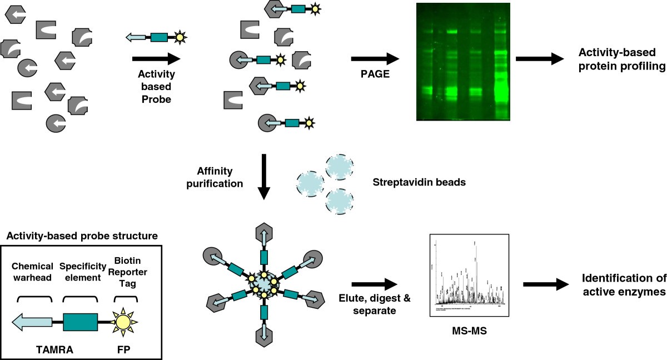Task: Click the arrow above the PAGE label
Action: [x=376, y=58]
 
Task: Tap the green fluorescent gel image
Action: [x=462, y=61]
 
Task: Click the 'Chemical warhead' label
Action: [x=32, y=273]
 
